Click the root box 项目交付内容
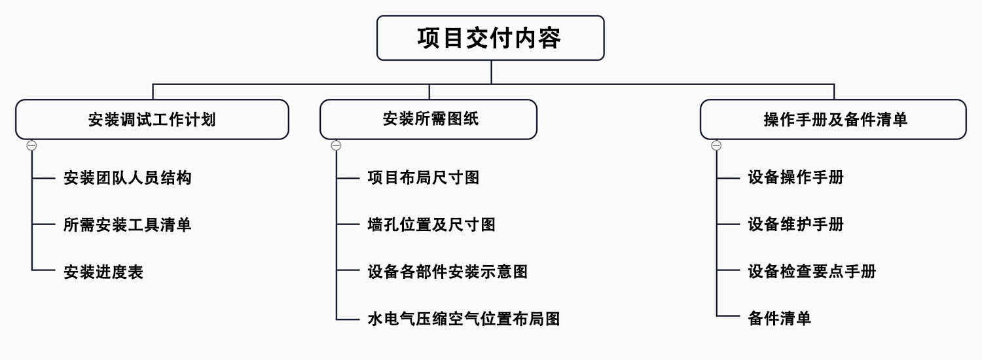[x=490, y=38]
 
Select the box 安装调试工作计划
[x=152, y=119]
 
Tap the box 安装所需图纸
[x=428, y=119]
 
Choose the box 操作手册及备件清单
[x=833, y=119]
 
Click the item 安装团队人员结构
[x=128, y=177]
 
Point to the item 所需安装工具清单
[x=128, y=225]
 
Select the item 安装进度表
[x=103, y=272]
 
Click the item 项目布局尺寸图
[x=424, y=177]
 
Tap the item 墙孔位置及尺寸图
[x=431, y=225]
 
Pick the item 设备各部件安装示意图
[x=448, y=272]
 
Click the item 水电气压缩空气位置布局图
[x=464, y=319]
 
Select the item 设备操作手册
[x=795, y=177]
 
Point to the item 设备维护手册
[x=795, y=225]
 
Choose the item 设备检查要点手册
[x=812, y=272]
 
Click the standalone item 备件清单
[x=780, y=319]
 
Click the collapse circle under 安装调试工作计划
[x=31, y=145]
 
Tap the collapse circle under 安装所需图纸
[x=336, y=145]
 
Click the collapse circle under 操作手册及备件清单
[x=716, y=145]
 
